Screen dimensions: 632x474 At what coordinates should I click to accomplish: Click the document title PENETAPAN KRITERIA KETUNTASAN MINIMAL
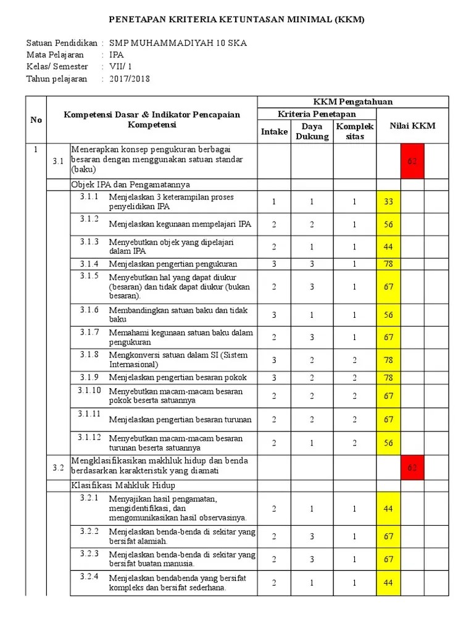tap(237, 19)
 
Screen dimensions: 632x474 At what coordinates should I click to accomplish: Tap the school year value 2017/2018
tap(130, 78)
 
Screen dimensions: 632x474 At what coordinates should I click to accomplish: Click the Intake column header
tap(274, 131)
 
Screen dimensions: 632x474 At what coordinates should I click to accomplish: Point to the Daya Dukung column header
tap(312, 131)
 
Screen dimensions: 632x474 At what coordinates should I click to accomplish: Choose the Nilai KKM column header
tap(412, 126)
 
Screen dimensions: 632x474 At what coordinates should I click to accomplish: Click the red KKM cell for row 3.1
tap(412, 161)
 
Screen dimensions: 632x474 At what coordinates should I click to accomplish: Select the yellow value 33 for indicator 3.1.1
tap(388, 202)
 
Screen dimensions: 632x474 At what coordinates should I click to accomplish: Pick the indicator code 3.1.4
tap(89, 264)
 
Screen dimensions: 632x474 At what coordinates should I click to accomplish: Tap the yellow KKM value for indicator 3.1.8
tap(388, 360)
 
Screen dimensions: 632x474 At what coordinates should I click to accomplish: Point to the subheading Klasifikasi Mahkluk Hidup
tap(123, 484)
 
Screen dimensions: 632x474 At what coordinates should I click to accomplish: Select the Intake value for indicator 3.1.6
tap(274, 315)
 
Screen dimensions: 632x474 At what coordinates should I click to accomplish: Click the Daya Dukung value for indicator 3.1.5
tap(312, 287)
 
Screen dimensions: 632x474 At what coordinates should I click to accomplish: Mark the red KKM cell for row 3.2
tap(412, 468)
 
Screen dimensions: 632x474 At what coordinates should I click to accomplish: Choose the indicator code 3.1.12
tap(89, 438)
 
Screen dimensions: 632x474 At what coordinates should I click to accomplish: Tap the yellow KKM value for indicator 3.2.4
tap(388, 583)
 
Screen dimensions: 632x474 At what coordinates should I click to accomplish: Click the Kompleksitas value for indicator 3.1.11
tap(354, 420)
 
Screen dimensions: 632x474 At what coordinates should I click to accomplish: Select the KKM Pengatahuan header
tap(352, 102)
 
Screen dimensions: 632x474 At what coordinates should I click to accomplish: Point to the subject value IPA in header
tap(117, 55)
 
